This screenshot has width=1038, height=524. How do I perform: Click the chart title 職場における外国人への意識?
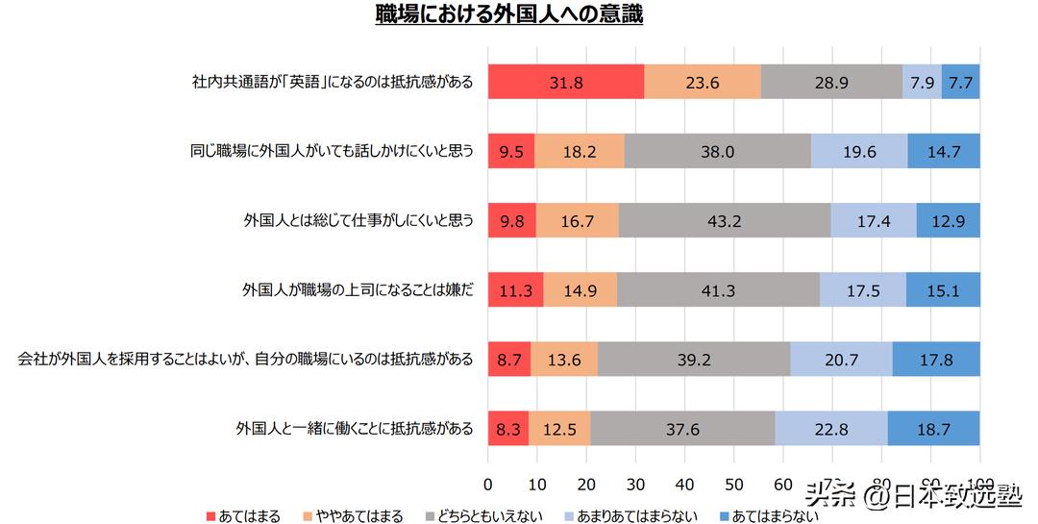click(508, 15)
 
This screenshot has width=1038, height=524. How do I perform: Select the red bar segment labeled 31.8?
click(566, 82)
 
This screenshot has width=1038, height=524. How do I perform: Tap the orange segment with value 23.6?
click(703, 82)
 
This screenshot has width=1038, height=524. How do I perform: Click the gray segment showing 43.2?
click(724, 220)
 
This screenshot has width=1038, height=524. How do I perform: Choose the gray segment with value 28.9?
click(831, 82)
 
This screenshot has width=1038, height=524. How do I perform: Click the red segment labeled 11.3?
click(516, 290)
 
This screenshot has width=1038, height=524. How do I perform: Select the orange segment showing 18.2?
click(579, 151)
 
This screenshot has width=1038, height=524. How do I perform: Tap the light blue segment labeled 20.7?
click(841, 360)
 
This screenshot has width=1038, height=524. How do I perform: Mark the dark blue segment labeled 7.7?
click(960, 82)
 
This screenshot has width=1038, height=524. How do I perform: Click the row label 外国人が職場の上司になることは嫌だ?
click(358, 289)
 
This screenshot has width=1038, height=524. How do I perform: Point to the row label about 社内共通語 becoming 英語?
click(333, 82)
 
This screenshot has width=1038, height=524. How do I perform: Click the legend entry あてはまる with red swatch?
click(244, 515)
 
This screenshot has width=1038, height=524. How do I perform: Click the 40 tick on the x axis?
click(684, 484)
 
